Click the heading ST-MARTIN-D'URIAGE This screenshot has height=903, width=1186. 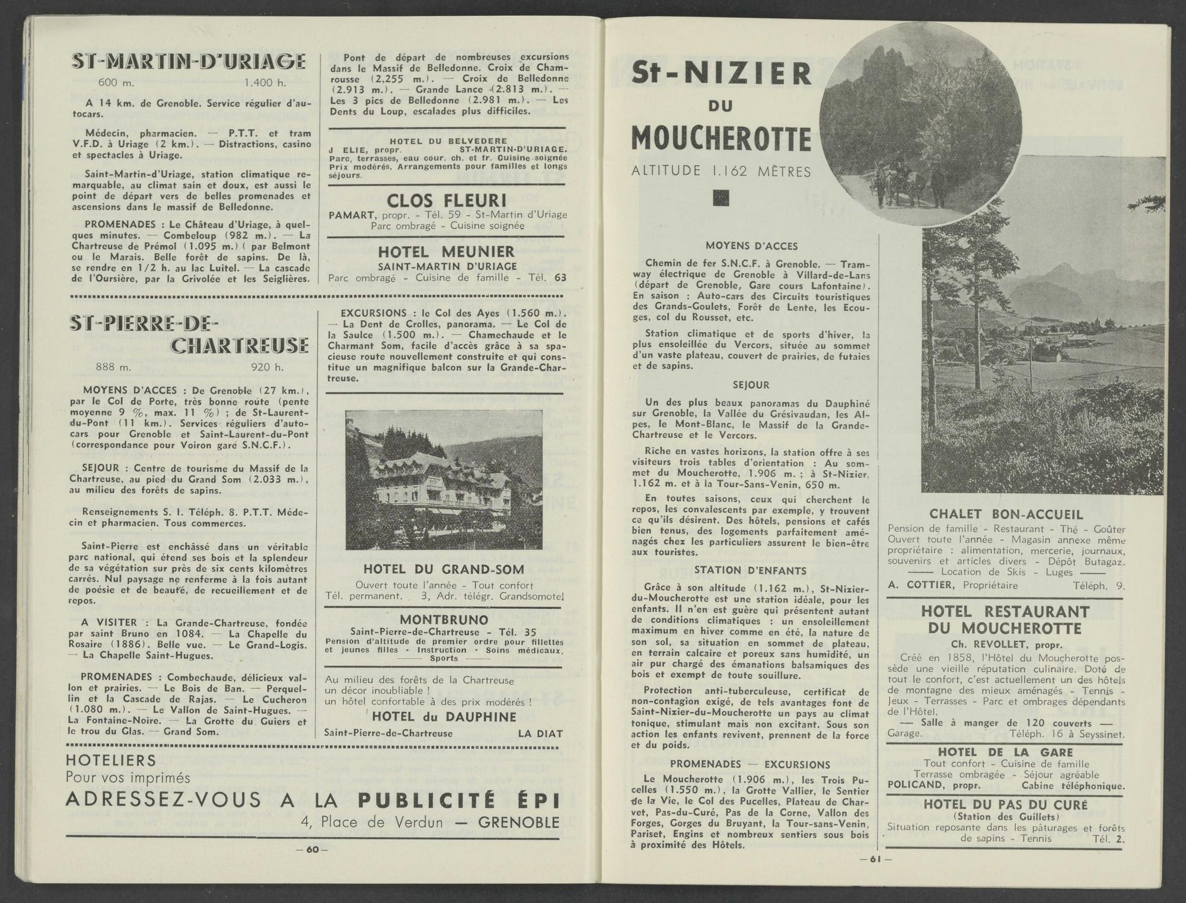coord(189,62)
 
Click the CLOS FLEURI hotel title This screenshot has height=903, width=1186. coord(447,200)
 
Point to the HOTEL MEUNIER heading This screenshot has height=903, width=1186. coord(447,251)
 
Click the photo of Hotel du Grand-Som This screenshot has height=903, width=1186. coord(444,480)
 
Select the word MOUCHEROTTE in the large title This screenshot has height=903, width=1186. coord(720,139)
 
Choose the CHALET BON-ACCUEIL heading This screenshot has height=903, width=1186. coord(1006,515)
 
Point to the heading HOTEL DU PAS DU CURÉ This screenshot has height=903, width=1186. coord(1006,805)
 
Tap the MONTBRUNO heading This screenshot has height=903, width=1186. coord(444,620)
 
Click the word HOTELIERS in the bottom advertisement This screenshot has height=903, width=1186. coord(111,760)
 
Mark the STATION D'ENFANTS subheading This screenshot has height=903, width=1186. coord(750,570)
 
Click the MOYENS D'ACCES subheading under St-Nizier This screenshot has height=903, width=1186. coord(751,245)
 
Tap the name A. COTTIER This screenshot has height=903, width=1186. coord(921,585)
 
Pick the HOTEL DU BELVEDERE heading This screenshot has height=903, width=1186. coord(448,141)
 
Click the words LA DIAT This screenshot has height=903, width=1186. coord(540,733)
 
